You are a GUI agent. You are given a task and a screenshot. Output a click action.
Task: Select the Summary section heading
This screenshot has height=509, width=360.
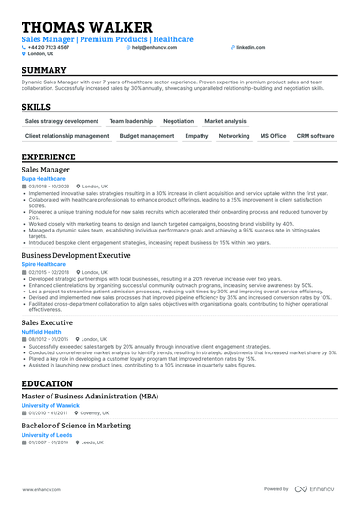coord(43,71)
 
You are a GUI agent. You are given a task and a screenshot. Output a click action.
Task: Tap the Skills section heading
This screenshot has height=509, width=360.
coord(37,108)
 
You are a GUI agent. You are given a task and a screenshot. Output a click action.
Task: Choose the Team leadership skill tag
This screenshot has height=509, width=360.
coord(129,121)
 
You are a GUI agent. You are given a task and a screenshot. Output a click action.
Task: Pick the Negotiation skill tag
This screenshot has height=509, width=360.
coord(178,121)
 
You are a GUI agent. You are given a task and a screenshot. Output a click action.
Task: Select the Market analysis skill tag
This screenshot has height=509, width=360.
coord(225,121)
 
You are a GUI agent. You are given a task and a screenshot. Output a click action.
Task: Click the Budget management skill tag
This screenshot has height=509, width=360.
coord(148,136)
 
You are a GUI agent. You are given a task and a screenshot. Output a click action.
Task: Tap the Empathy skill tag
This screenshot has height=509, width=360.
coord(197,136)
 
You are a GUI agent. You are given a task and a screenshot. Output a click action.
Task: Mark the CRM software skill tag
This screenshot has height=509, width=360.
coord(315,136)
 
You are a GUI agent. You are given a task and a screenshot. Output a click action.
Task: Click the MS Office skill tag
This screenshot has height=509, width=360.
coord(273,136)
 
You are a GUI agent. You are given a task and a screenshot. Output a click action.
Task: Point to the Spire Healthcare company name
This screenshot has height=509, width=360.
coord(43,264)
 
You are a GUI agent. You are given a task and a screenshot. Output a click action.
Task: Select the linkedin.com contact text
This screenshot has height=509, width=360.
coord(250,46)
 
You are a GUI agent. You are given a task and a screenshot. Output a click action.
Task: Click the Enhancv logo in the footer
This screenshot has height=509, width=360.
coord(316,489)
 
